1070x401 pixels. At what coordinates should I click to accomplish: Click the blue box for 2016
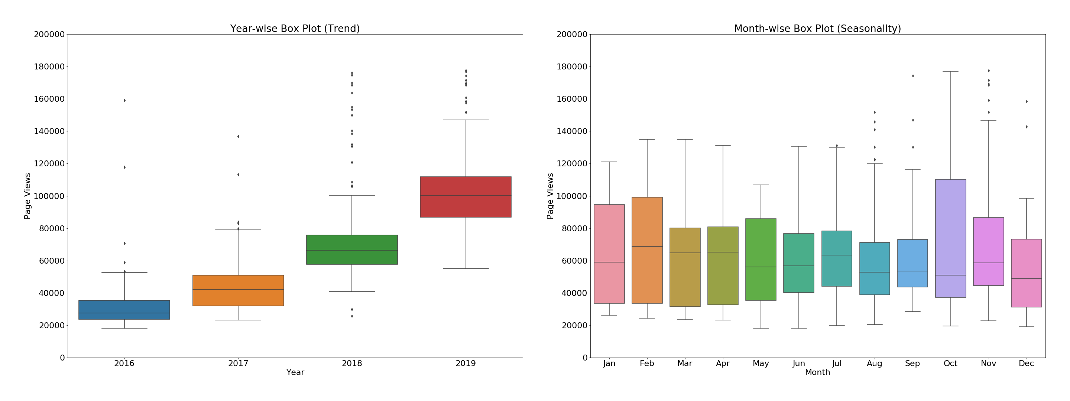point(124,310)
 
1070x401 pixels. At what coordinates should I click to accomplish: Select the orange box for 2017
point(238,291)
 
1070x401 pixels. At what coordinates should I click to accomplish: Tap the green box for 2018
point(352,250)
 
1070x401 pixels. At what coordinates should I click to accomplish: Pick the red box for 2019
point(466,197)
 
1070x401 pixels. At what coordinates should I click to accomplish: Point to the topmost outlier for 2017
point(238,137)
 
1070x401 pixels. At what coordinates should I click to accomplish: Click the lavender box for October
point(950,238)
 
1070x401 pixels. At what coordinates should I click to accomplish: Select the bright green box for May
point(761,260)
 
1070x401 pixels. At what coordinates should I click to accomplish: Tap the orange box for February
point(647,250)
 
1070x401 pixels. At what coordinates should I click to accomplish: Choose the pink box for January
point(609,254)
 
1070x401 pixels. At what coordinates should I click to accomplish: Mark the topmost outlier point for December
point(1027,102)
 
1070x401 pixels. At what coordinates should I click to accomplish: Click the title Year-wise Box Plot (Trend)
point(295,29)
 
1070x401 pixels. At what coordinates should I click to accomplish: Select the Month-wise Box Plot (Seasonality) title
point(817,29)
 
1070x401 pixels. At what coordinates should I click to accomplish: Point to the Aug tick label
point(874,363)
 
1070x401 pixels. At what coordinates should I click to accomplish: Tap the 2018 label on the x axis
point(352,363)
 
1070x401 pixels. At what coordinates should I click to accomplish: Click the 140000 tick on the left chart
point(49,131)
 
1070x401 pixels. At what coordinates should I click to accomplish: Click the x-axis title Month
point(817,373)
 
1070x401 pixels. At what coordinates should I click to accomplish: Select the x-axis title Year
point(295,373)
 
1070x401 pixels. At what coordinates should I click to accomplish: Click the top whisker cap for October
point(950,72)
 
